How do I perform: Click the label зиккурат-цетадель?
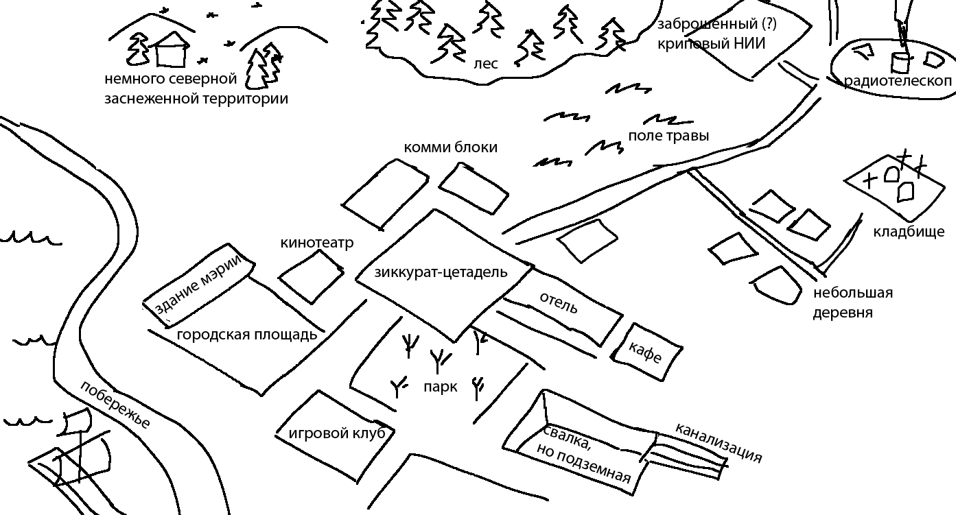pos(441,272)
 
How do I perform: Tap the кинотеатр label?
pos(316,243)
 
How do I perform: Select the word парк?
pos(440,387)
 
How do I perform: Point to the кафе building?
pos(646,352)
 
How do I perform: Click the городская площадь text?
pos(247,335)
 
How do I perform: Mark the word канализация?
pos(718,443)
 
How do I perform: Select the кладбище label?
pos(909,232)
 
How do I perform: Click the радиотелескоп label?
pos(898,81)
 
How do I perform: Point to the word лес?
pos(486,64)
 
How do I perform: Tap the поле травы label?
pos(668,136)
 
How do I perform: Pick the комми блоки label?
pos(450,147)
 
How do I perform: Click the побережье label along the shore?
pos(115,405)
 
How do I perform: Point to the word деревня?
pos(843,313)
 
